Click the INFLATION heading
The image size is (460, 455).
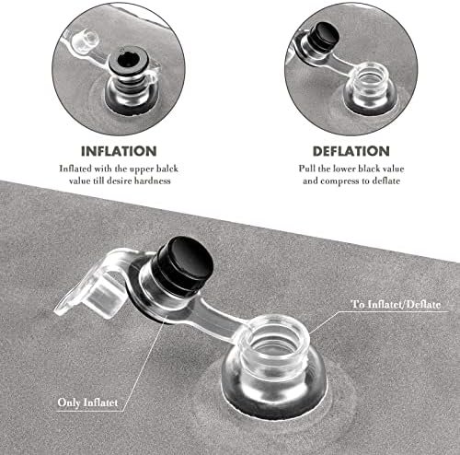tap(119, 151)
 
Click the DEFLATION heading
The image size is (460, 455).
tap(351, 151)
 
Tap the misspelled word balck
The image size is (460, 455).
tap(167, 169)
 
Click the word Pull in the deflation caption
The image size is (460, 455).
tap(307, 169)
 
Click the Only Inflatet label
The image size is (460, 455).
tap(87, 402)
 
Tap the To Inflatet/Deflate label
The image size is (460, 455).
tap(396, 304)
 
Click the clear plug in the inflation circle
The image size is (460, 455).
tap(86, 41)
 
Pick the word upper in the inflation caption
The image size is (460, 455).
tap(143, 169)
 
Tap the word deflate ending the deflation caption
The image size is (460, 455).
tap(386, 181)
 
